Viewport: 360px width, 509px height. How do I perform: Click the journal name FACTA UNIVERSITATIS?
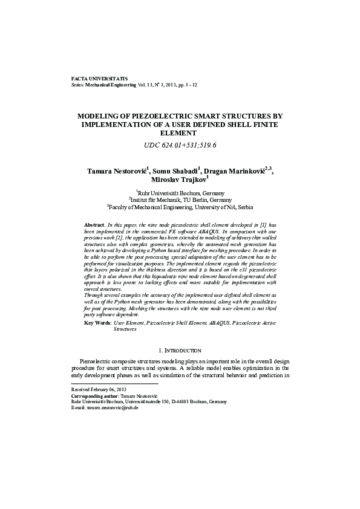tap(95, 79)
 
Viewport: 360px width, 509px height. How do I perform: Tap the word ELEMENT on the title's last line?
tap(180, 132)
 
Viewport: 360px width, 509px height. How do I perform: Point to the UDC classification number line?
tap(180, 146)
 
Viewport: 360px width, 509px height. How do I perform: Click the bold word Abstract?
tap(94, 224)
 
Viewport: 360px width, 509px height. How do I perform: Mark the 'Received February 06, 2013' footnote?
tap(99, 390)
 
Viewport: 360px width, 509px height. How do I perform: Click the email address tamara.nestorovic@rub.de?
tap(113, 408)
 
